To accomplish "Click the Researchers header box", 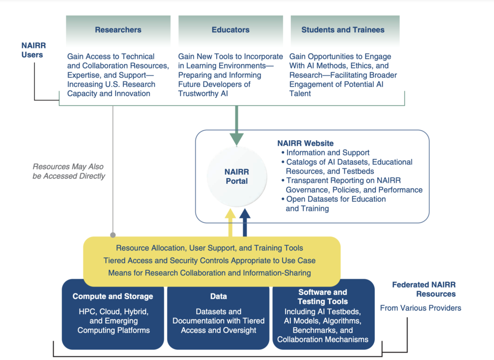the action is [118, 30].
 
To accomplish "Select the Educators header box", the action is [231, 30].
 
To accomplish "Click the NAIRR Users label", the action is [33, 50].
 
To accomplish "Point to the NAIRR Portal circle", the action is [236, 177].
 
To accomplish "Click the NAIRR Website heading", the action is [305, 143].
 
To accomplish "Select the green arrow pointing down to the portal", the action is [236, 125].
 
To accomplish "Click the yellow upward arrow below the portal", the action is [230, 222].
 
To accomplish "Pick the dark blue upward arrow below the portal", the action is [245, 222].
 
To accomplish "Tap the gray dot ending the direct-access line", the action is [113, 235].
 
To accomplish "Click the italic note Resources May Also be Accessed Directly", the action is [69, 171].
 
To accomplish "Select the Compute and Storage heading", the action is [113, 296].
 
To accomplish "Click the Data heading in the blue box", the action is [219, 296].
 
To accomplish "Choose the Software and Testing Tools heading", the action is [323, 297].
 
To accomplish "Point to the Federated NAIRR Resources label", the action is [424, 290].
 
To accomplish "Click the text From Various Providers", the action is [421, 308].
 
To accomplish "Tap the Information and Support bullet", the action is [326, 152].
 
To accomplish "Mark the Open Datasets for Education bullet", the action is [334, 204].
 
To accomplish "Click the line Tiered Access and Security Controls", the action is [209, 261].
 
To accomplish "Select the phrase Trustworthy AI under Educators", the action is [203, 94].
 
